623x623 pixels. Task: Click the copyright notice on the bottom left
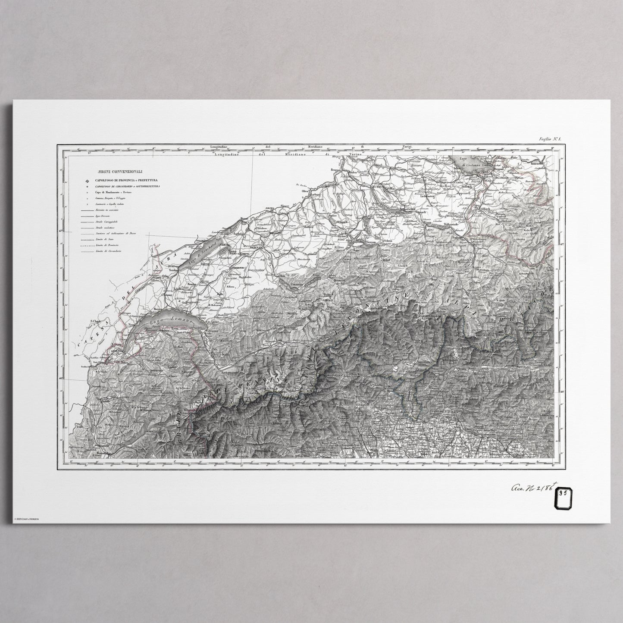tap(27, 519)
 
